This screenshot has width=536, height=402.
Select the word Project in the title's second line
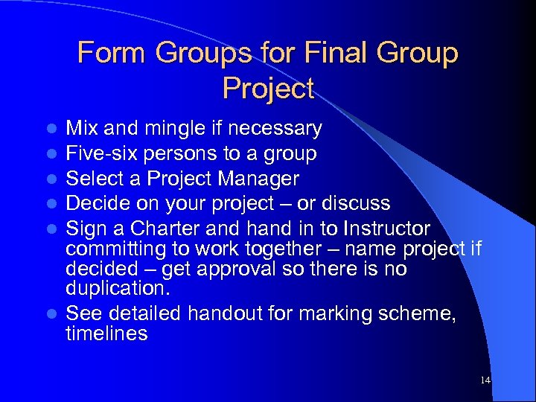click(268, 89)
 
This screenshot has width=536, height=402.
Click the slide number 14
click(485, 380)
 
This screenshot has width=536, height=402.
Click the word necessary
click(275, 130)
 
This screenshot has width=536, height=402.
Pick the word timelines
click(106, 334)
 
